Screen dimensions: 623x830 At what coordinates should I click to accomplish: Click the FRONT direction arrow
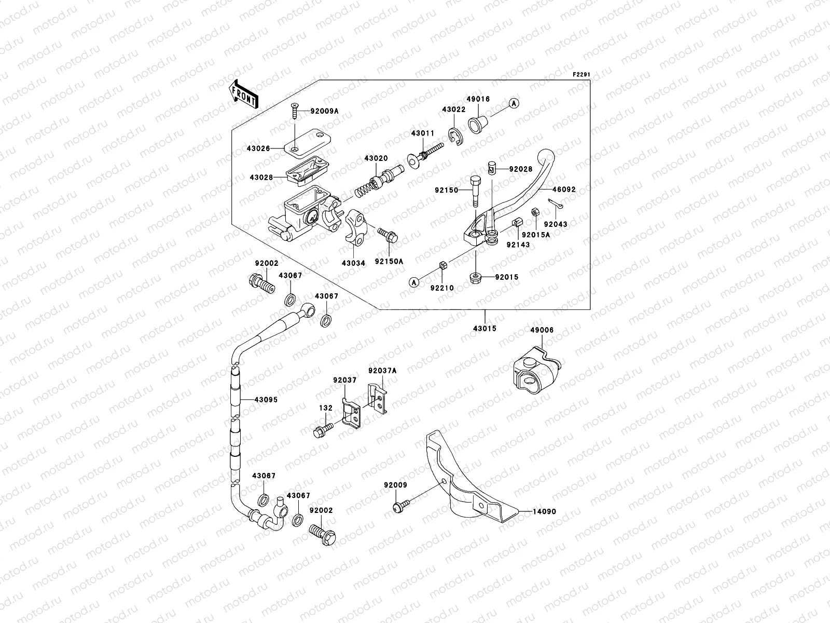click(x=243, y=94)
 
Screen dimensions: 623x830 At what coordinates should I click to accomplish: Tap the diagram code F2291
click(x=582, y=75)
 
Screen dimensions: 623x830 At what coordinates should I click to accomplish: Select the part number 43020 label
click(x=375, y=158)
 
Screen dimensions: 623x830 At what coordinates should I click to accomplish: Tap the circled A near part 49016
click(x=513, y=104)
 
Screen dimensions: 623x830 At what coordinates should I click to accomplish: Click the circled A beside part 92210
click(x=414, y=282)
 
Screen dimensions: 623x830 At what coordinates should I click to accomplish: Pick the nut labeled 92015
click(x=475, y=278)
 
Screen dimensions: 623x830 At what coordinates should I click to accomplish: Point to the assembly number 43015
click(x=485, y=329)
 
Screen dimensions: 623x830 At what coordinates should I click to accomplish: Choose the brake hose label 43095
click(x=266, y=400)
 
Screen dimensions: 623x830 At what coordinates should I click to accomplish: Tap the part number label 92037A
click(x=382, y=371)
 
